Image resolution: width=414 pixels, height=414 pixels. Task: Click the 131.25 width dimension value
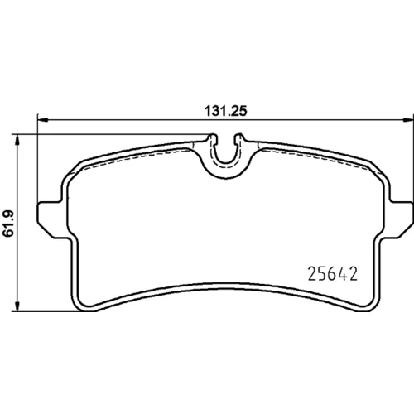coord(226,111)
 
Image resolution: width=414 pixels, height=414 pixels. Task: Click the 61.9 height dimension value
coord(8,224)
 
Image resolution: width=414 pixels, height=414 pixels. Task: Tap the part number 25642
coord(333,274)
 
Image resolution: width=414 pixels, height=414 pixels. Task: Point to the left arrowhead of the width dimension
coord(43,120)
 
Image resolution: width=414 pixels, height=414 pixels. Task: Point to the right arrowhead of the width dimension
coord(408,120)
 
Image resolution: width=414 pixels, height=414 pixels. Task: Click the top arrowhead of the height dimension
coord(17,140)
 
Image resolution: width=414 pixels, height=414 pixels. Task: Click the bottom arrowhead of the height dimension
coord(17,306)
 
